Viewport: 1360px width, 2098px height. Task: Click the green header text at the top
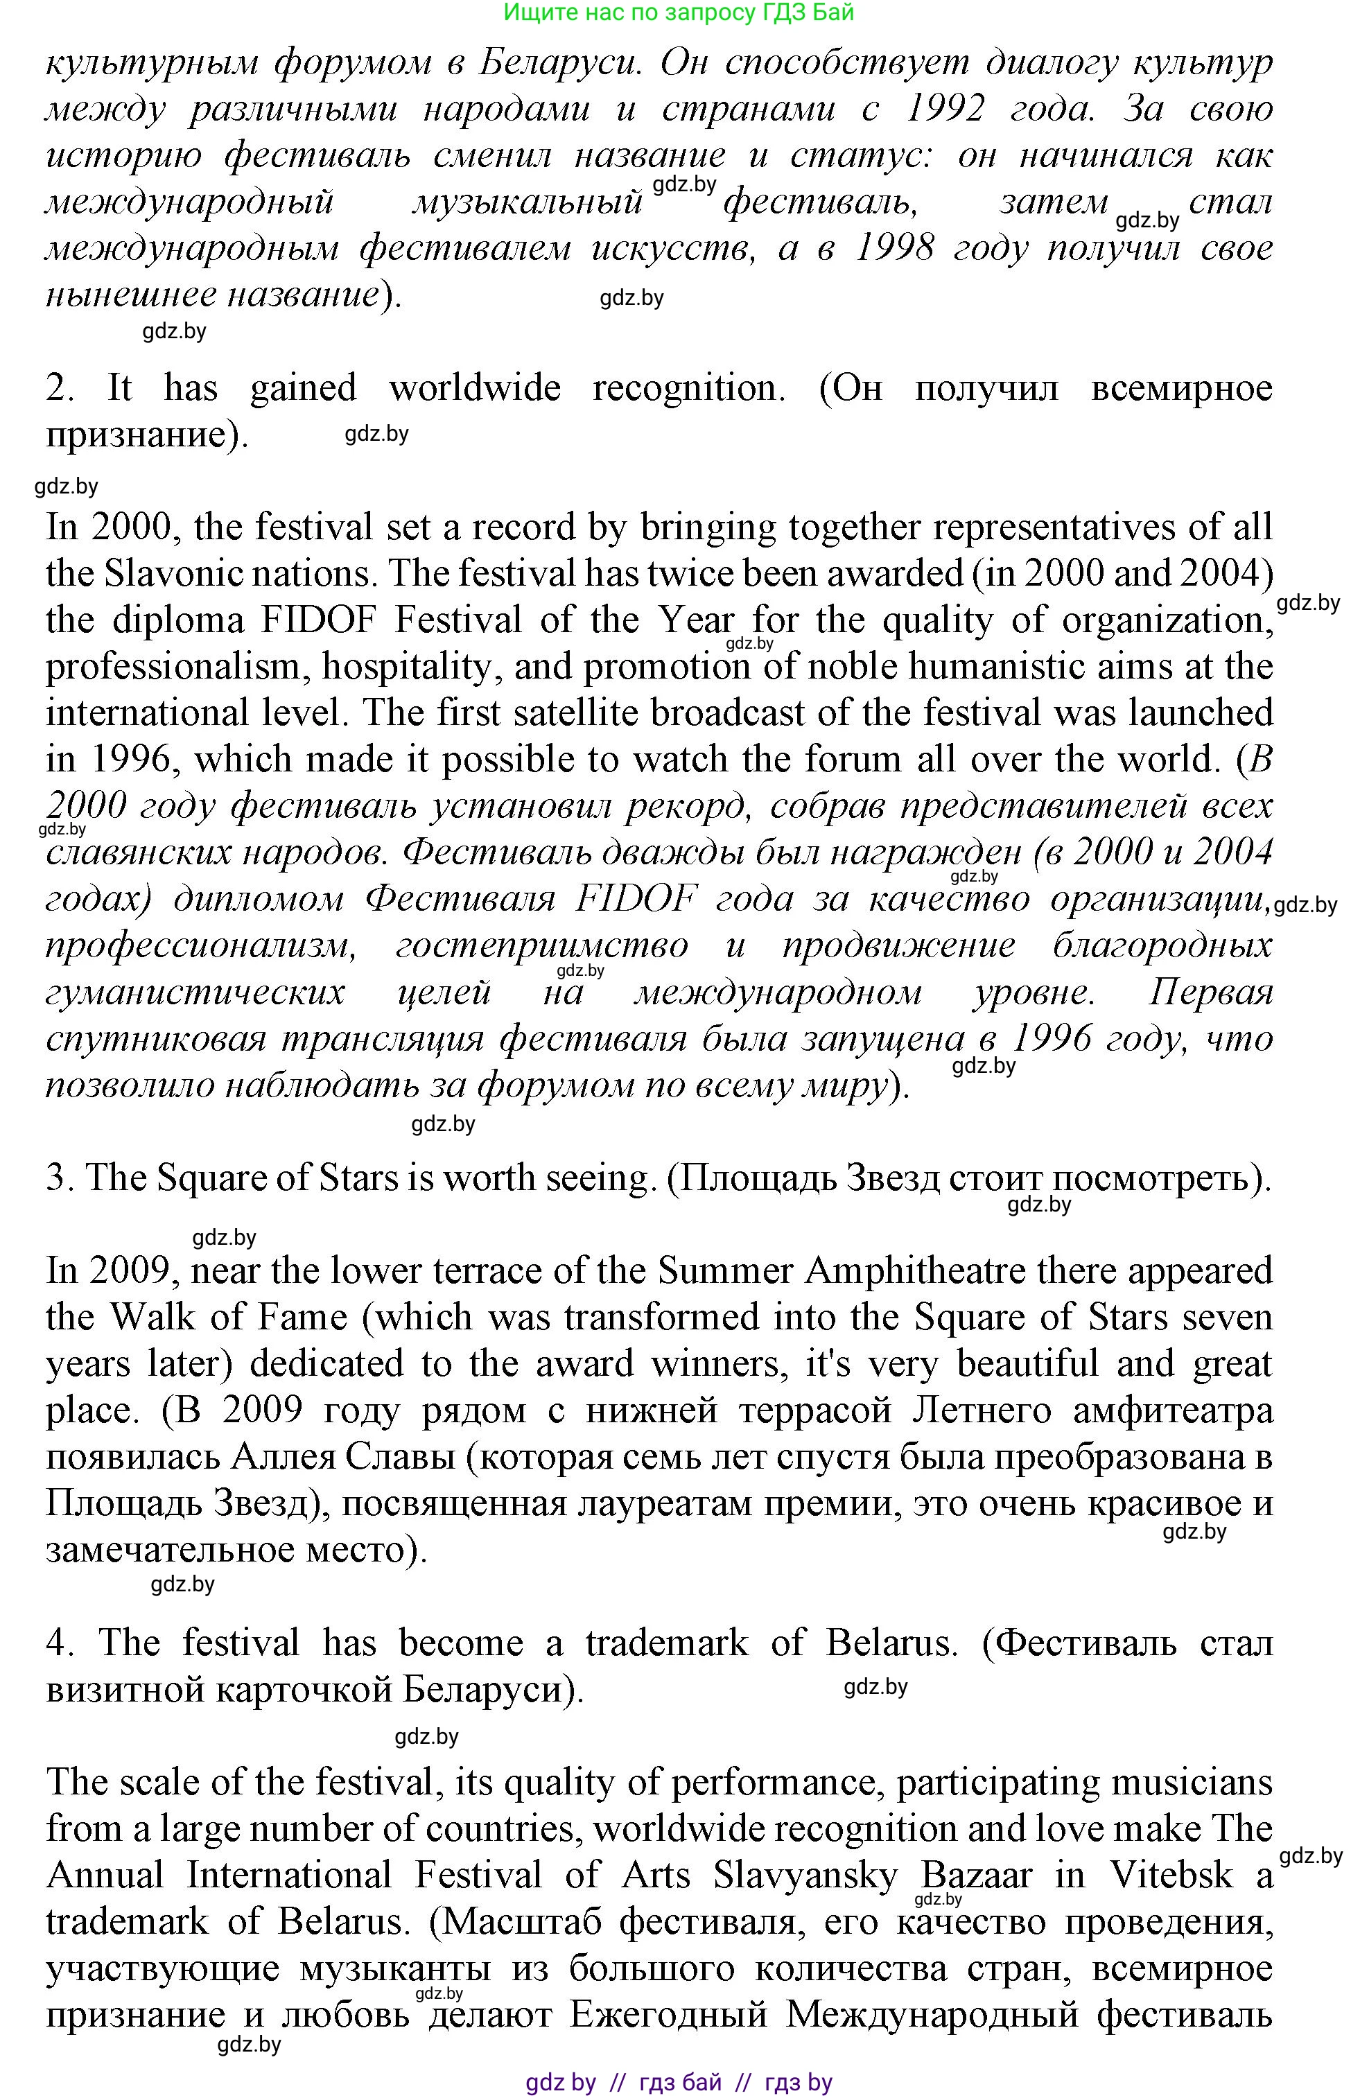(679, 12)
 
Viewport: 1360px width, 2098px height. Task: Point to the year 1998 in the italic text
(895, 247)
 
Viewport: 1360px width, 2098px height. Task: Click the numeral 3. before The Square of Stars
(58, 1178)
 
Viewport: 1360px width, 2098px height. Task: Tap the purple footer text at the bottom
(679, 2083)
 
